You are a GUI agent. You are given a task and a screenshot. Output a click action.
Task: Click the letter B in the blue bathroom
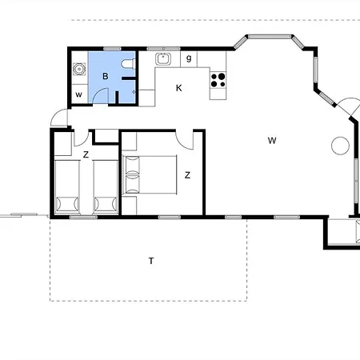click(x=106, y=77)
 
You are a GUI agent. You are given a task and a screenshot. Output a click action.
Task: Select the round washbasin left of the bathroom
click(x=78, y=69)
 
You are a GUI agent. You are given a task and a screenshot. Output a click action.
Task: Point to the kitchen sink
click(x=162, y=58)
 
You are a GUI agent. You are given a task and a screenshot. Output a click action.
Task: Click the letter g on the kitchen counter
click(x=189, y=58)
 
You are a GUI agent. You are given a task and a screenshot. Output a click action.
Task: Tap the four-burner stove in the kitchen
click(x=218, y=79)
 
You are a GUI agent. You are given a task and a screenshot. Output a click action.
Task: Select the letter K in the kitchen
click(x=178, y=88)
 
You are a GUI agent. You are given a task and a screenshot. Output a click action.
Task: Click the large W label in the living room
click(x=272, y=141)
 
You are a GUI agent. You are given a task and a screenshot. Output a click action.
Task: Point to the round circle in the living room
click(x=340, y=146)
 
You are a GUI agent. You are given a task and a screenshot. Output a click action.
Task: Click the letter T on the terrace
click(x=150, y=261)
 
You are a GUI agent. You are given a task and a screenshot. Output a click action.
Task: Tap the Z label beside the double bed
click(x=187, y=174)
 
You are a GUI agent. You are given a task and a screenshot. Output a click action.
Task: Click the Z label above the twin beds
click(x=85, y=154)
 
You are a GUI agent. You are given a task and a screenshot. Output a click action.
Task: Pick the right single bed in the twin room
click(x=105, y=186)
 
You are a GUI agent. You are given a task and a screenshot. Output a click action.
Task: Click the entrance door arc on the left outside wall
click(x=58, y=118)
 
